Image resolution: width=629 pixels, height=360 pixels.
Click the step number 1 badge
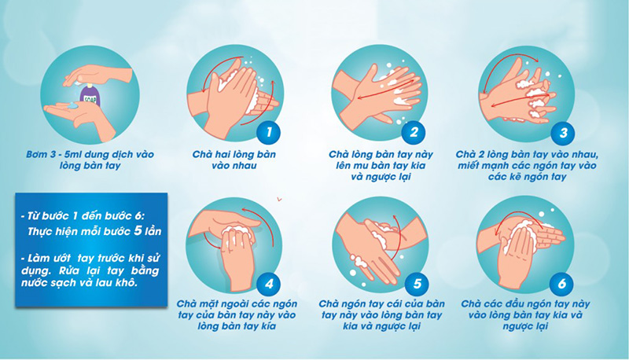point(269,132)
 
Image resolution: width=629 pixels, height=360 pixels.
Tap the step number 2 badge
point(414,132)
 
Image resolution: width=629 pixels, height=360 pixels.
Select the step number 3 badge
point(563,132)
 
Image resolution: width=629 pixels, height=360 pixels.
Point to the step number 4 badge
point(269,284)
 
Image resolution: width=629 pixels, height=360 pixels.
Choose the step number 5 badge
point(417,284)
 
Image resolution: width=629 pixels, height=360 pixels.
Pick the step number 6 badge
point(561,284)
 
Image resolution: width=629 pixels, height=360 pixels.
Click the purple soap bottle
point(90,95)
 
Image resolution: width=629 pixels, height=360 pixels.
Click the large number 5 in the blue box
point(138,230)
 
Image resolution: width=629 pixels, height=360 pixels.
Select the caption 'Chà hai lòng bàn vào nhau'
point(234,160)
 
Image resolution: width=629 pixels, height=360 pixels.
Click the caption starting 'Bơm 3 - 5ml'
point(90,160)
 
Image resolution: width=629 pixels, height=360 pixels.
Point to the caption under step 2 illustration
point(381,166)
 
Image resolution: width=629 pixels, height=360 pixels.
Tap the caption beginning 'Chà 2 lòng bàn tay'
point(527,166)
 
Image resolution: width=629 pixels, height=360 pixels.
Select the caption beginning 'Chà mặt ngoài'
point(237,315)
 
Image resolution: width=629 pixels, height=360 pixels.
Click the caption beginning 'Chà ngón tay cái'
point(381,315)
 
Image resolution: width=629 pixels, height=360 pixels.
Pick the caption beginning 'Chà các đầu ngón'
point(525,315)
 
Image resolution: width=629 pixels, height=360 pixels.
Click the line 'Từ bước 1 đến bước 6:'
point(83,216)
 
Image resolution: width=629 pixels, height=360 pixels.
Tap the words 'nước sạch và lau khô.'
point(79,283)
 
